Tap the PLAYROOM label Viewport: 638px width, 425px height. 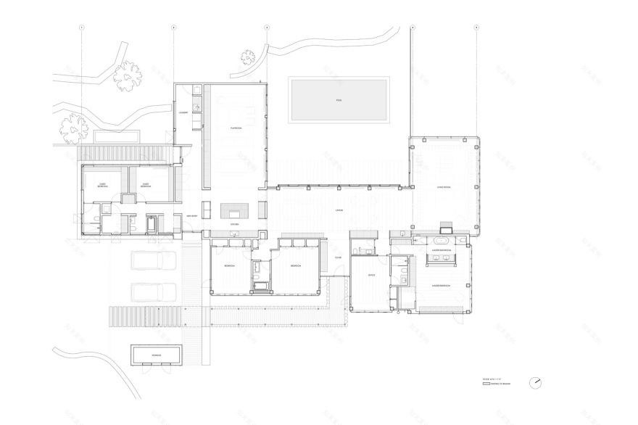click(x=236, y=128)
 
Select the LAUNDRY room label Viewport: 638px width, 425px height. click(x=184, y=113)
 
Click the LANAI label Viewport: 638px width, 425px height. click(x=339, y=210)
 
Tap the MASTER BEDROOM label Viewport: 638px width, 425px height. click(x=442, y=286)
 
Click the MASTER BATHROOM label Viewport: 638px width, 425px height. click(x=442, y=250)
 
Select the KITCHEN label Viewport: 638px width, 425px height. click(x=235, y=225)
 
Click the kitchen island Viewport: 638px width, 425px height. click(x=235, y=210)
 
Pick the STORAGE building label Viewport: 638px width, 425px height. click(x=157, y=355)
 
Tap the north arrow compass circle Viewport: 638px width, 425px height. click(x=536, y=382)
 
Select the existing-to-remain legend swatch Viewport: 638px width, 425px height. click(x=486, y=384)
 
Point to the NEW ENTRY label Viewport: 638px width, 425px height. click(x=192, y=216)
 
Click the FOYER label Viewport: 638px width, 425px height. click(x=338, y=258)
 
